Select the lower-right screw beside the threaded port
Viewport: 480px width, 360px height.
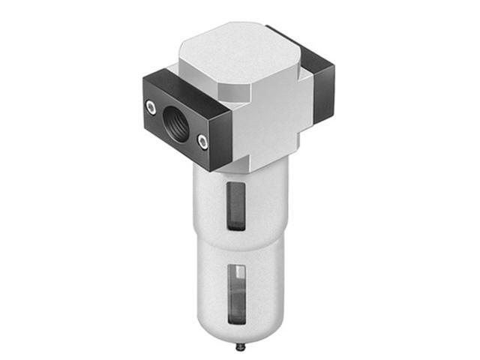tap(202, 139)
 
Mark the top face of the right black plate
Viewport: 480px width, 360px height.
tap(300, 49)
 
